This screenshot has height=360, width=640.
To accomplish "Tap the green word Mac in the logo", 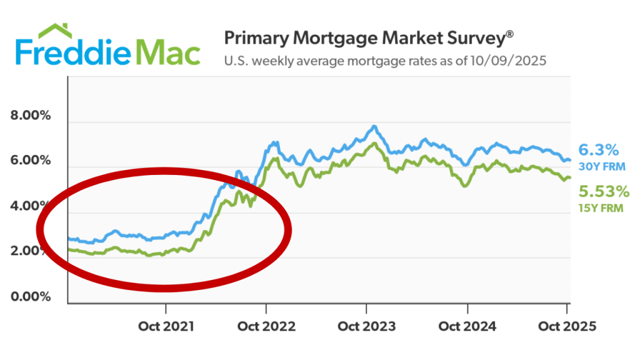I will [169, 52].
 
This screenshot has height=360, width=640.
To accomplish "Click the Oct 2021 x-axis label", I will [166, 326].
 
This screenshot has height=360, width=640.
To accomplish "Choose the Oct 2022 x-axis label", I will [267, 326].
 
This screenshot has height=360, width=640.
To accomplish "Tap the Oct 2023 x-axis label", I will [366, 326].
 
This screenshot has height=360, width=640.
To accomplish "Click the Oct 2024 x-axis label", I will [467, 326].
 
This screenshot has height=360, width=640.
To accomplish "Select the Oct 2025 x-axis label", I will [567, 326].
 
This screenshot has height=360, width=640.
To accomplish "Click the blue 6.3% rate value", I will [598, 150].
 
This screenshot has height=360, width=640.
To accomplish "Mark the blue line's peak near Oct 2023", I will [374, 126].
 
